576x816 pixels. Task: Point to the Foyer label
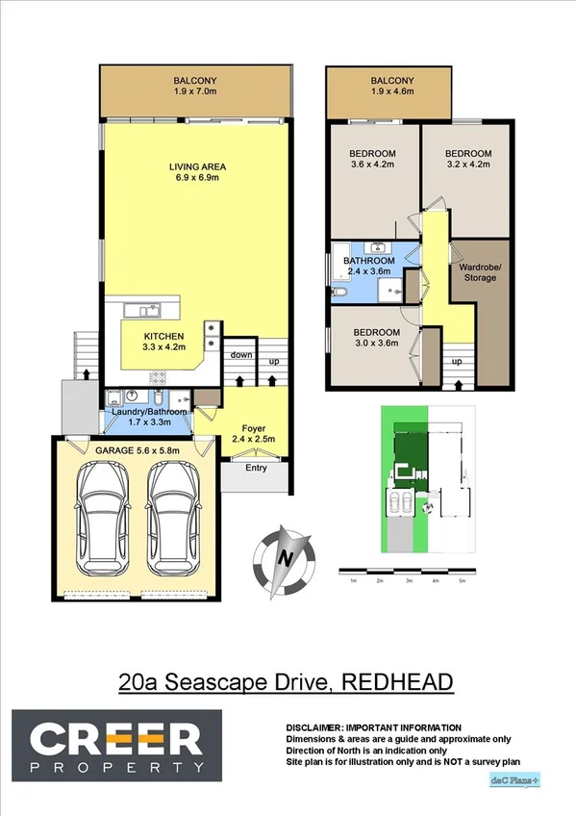[254, 434]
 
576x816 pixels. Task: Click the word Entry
[256, 469]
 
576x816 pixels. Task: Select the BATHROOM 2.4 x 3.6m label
[369, 266]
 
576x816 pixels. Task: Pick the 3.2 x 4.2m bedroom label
[467, 159]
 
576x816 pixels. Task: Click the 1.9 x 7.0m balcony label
[195, 86]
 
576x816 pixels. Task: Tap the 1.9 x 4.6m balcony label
[392, 86]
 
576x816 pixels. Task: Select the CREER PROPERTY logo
[117, 743]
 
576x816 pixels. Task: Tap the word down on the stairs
[240, 355]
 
